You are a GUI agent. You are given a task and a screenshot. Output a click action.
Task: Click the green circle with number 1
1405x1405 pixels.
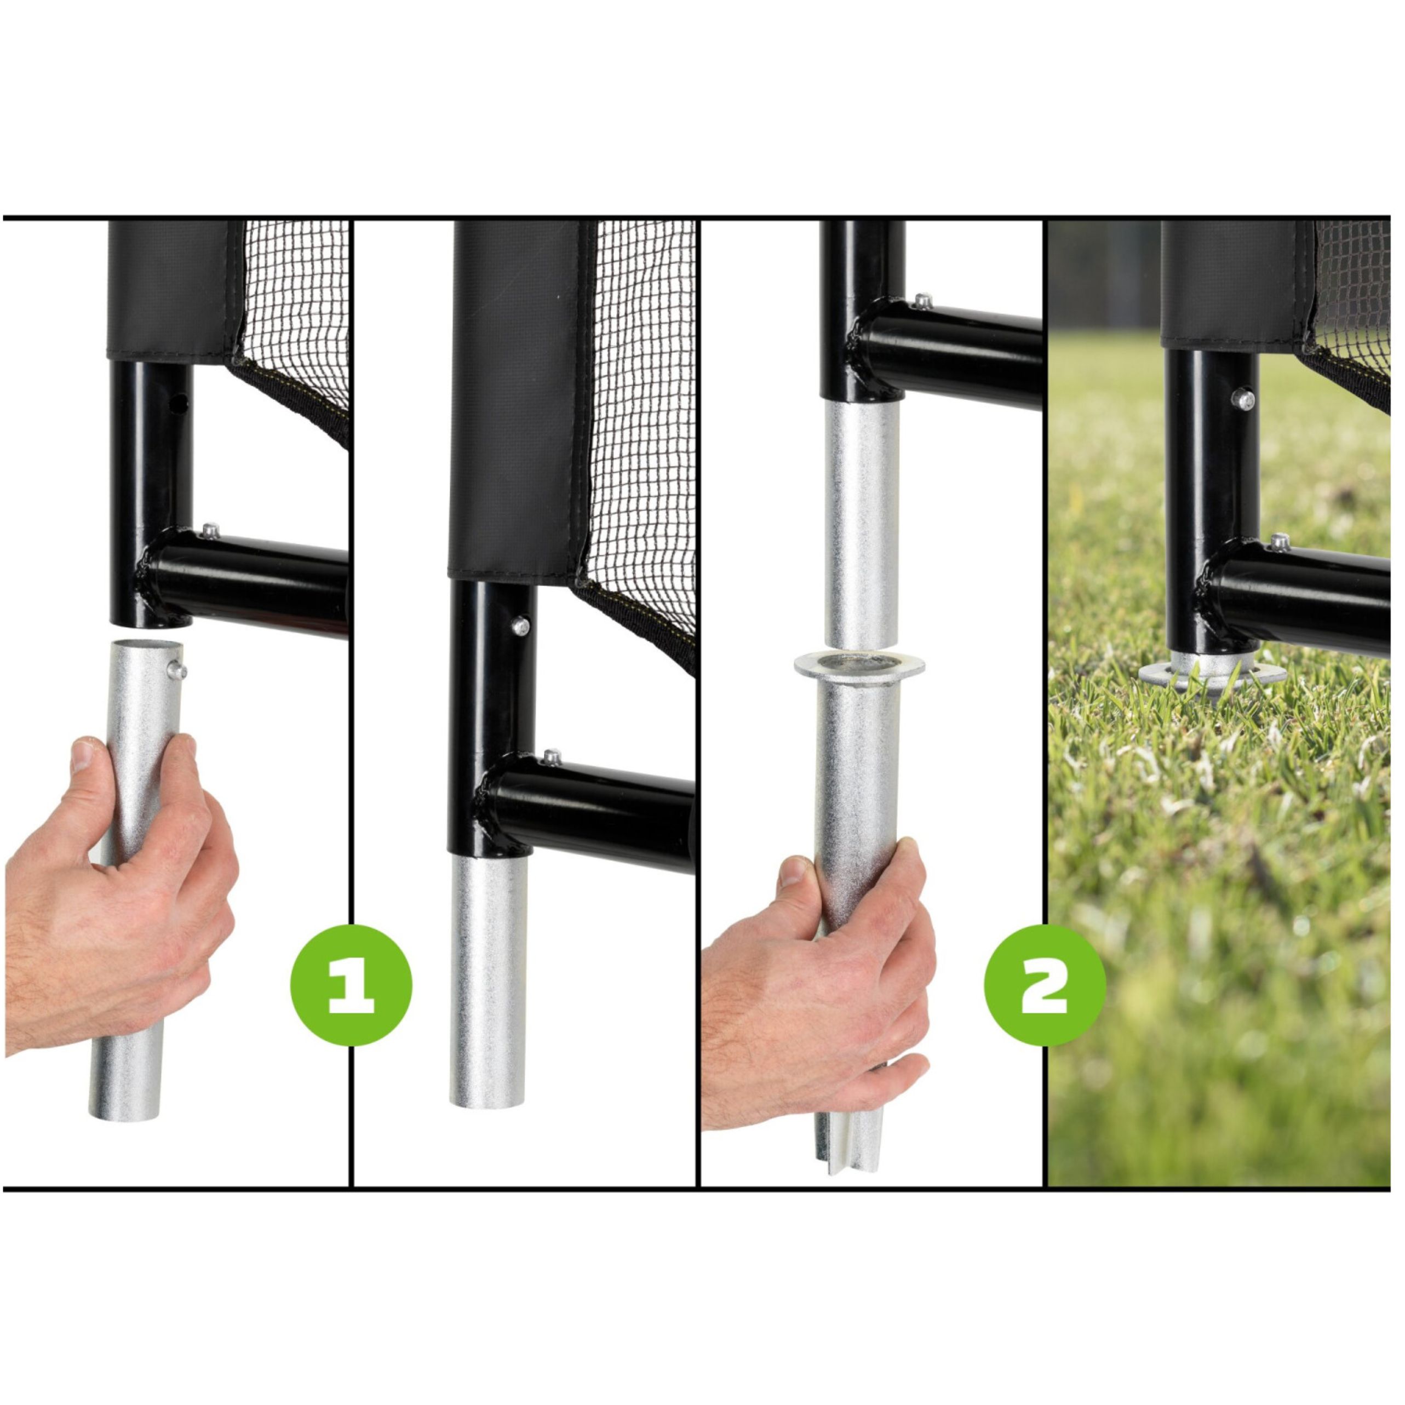click(351, 985)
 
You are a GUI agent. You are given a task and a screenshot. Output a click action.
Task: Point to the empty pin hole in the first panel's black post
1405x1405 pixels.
click(182, 402)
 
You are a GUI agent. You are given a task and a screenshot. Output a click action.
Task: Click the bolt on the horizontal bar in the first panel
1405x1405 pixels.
click(211, 531)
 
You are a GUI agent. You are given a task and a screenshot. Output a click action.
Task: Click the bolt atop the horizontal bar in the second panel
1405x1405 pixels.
click(553, 756)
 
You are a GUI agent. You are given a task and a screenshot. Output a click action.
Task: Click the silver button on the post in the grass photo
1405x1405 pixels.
click(1246, 399)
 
